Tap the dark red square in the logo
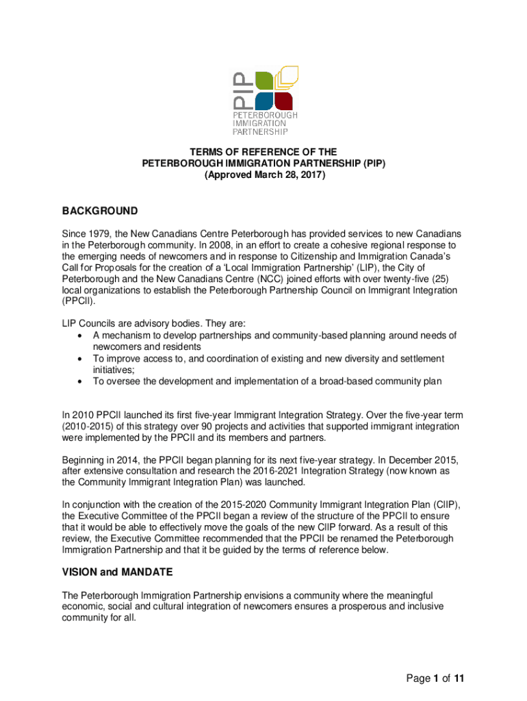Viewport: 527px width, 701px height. (x=286, y=100)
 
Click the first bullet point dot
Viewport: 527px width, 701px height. (x=81, y=335)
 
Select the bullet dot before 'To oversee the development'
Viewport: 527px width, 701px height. (x=81, y=382)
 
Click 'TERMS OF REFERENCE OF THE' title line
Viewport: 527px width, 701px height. (x=263, y=152)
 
